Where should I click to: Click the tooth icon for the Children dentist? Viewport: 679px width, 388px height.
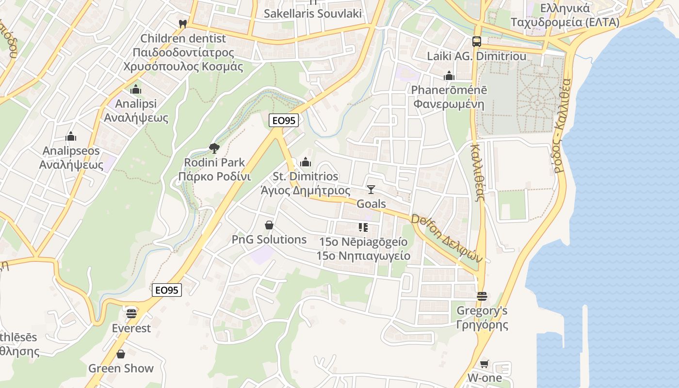pos(183,23)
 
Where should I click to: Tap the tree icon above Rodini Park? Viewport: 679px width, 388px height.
pos(214,148)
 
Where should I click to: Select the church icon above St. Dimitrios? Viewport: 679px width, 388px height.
pos(306,162)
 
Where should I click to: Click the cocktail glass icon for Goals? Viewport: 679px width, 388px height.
pos(371,189)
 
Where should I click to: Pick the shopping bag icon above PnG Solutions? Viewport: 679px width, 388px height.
pos(269,225)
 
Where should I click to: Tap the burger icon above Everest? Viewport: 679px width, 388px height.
pos(131,313)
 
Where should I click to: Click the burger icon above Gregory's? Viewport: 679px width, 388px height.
pos(482,296)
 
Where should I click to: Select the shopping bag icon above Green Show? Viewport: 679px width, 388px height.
pos(121,354)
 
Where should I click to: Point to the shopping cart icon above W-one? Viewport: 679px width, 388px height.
pos(484,364)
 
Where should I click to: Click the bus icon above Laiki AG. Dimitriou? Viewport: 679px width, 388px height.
pos(477,42)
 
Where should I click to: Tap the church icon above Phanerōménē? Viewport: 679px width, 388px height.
pos(449,76)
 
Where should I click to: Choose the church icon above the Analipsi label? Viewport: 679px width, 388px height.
pos(136,90)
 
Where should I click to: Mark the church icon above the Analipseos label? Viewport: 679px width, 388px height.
pos(71,136)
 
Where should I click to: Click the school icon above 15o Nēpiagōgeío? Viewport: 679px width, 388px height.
pos(363,227)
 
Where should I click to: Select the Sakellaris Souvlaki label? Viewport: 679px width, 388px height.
pos(313,13)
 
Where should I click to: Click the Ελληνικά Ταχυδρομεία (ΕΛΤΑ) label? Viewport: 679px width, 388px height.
pos(565,15)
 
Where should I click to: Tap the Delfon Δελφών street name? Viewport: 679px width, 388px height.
pos(447,238)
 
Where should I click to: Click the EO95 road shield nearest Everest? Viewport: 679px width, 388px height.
pos(167,290)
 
